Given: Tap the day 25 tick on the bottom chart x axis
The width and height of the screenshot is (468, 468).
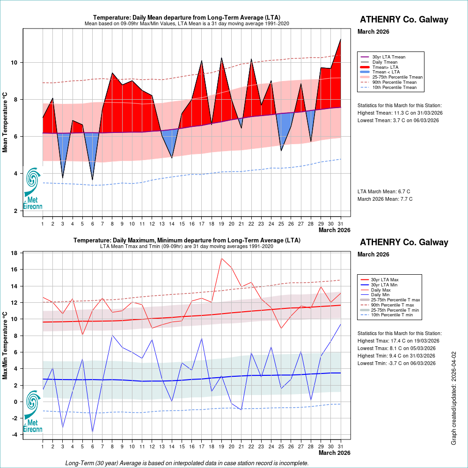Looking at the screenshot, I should (281, 447).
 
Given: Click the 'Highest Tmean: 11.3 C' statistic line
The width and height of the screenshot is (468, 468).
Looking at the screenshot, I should (400, 113).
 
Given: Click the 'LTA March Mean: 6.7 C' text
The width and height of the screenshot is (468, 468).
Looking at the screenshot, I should (384, 191).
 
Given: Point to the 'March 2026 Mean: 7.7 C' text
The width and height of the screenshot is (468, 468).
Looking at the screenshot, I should (385, 199).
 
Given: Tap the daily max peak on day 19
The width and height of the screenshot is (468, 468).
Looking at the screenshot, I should (221, 258).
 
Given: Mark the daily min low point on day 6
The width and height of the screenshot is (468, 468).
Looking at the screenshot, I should (92, 431).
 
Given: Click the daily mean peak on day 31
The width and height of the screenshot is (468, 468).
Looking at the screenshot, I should (341, 39).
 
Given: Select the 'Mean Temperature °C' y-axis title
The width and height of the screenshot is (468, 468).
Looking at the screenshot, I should (5, 122).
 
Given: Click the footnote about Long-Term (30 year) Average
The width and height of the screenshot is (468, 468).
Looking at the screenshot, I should (187, 463).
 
